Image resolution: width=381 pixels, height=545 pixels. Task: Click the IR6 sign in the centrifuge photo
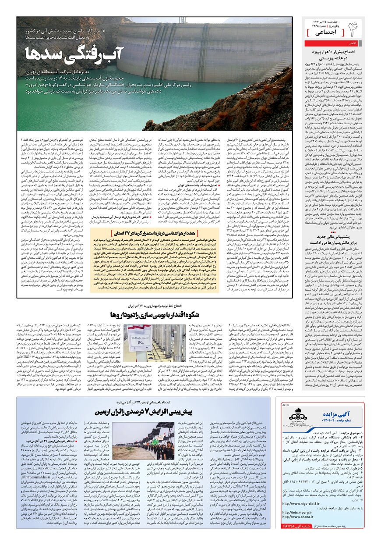(x=139, y=342)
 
